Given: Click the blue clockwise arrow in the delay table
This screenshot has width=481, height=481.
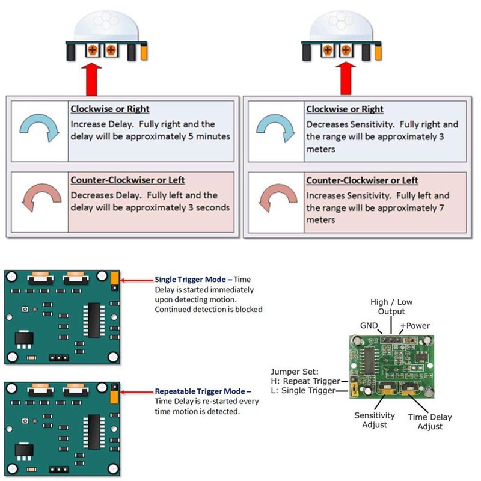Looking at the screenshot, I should (x=37, y=128).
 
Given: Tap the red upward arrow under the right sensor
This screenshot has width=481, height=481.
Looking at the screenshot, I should (x=346, y=78).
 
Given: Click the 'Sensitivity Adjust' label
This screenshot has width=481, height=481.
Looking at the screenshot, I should (x=375, y=420).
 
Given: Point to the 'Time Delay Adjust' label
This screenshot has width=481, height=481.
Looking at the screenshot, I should (x=429, y=421).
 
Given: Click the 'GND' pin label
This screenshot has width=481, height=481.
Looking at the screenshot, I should (x=369, y=325).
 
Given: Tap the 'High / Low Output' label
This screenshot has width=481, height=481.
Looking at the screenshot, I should (x=391, y=307).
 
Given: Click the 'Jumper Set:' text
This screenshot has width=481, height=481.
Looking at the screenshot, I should (x=291, y=371).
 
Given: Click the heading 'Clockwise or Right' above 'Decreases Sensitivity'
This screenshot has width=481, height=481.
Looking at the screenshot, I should (x=345, y=109).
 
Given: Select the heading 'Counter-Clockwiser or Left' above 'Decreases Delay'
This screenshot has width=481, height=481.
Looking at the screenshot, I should (x=127, y=180).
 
